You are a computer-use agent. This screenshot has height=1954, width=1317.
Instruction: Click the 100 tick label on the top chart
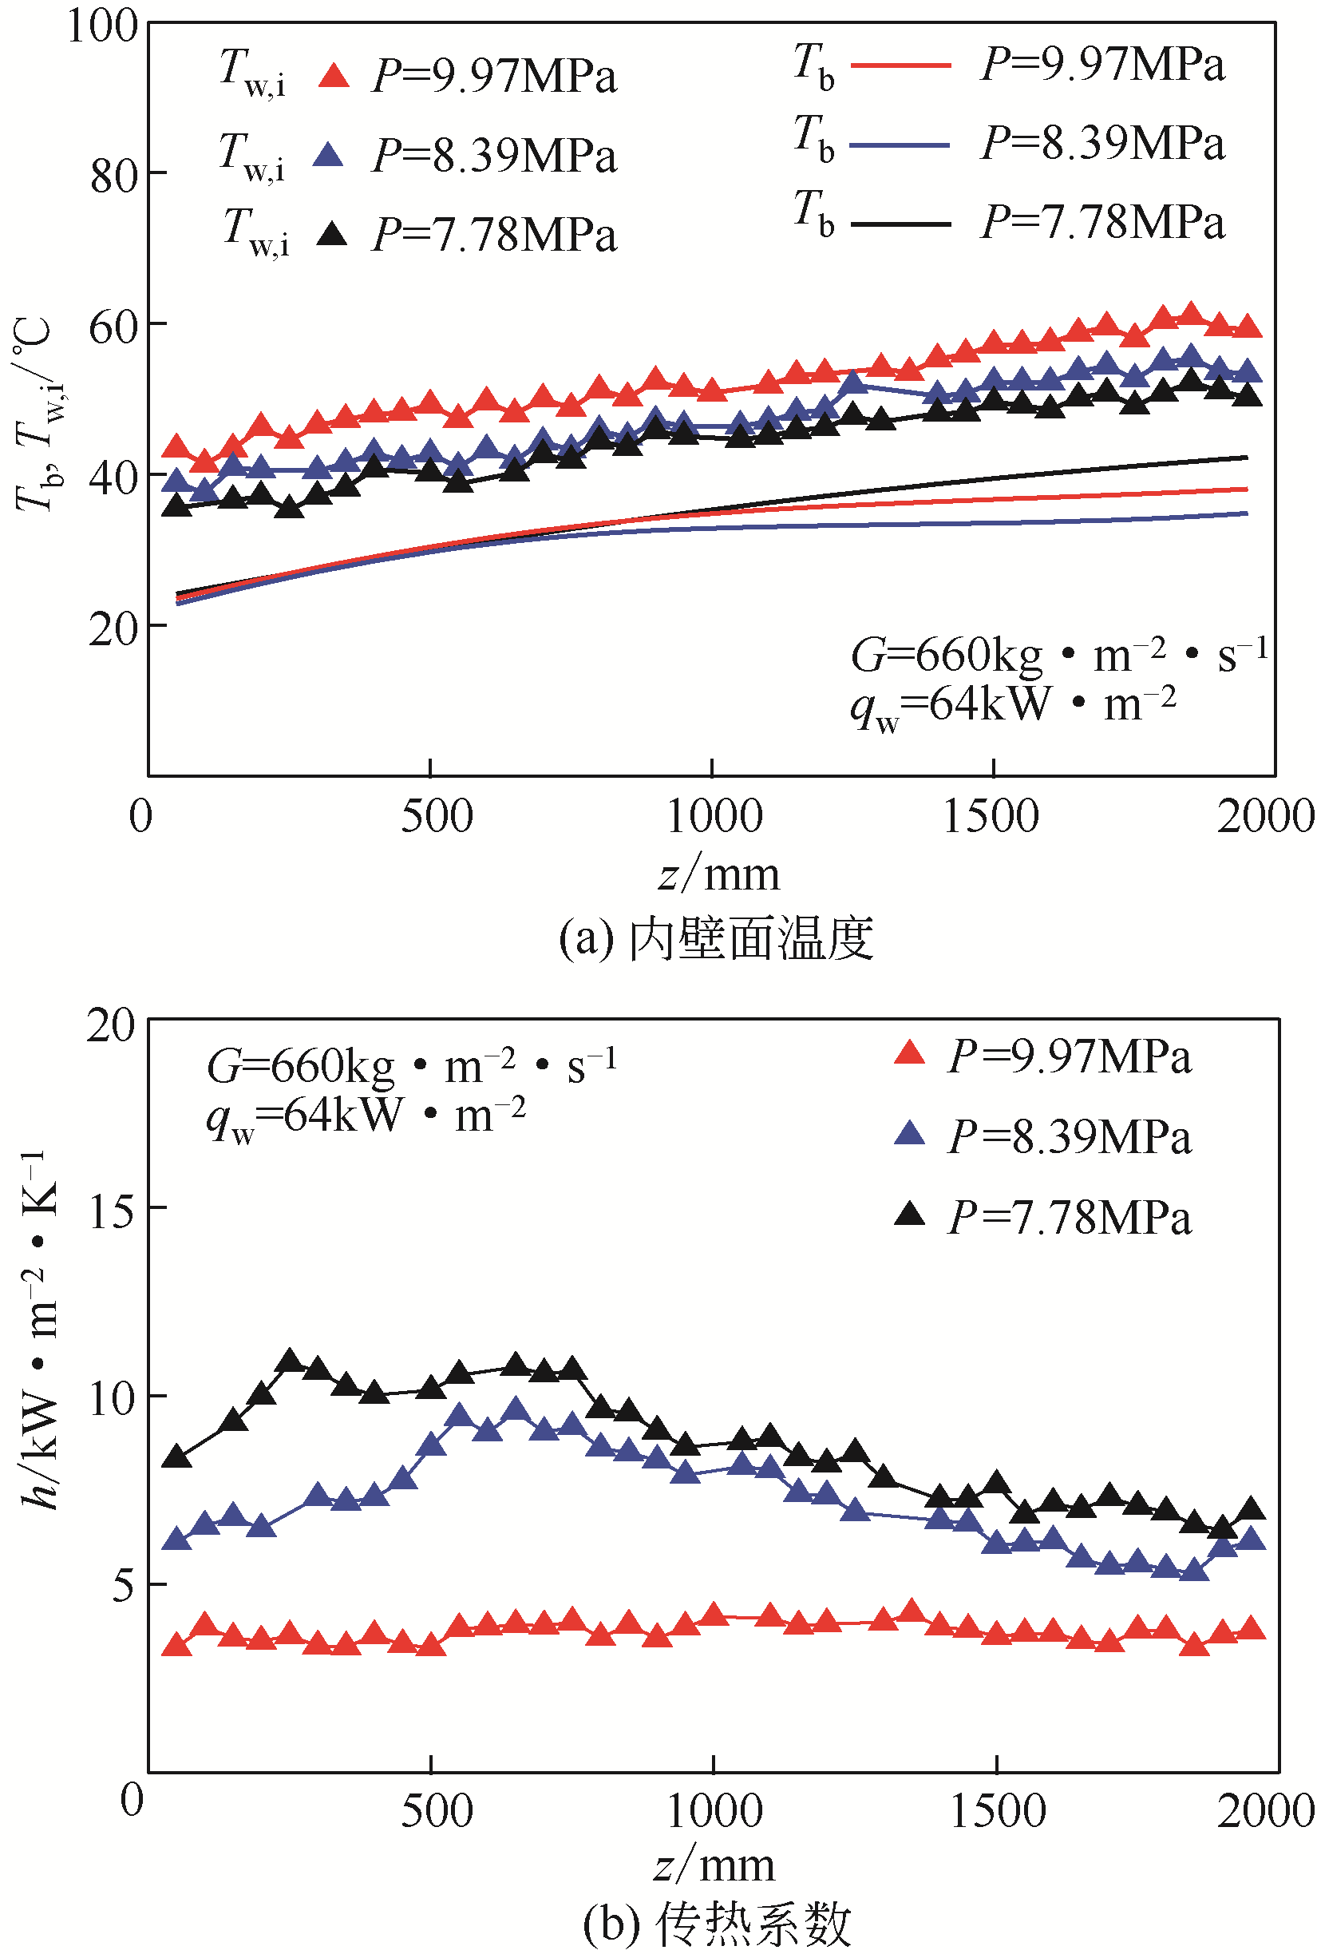pos(101,26)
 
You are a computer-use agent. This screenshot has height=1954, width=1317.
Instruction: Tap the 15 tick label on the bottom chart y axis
pos(111,1211)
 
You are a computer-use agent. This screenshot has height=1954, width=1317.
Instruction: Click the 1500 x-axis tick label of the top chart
pos(991,816)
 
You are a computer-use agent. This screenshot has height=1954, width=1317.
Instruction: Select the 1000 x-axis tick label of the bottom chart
pos(714,1809)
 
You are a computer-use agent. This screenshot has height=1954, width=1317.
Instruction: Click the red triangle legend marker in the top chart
pos(334,77)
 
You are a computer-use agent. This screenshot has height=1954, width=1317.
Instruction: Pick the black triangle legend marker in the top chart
pos(333,233)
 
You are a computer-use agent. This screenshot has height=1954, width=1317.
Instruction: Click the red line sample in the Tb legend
pos(900,65)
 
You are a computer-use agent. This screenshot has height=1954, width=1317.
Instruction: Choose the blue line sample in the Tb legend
pos(900,145)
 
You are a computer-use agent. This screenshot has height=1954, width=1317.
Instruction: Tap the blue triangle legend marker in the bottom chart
pos(910,1134)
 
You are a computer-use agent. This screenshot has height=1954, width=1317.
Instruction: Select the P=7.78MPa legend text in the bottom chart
pos(1070,1217)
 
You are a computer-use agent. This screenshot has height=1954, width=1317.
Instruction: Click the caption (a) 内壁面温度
pos(716,938)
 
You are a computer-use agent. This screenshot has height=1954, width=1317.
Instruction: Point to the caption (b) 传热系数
pos(716,1924)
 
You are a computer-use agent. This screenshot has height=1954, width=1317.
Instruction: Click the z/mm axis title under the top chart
pos(719,874)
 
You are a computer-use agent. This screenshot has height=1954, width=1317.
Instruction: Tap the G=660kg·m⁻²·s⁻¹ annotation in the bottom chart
pos(412,1065)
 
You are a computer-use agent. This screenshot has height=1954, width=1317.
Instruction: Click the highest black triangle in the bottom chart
pos(291,1361)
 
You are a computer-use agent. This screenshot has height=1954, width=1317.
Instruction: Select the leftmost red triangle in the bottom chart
pos(176,1644)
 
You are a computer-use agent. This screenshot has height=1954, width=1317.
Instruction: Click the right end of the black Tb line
pos(1247,458)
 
